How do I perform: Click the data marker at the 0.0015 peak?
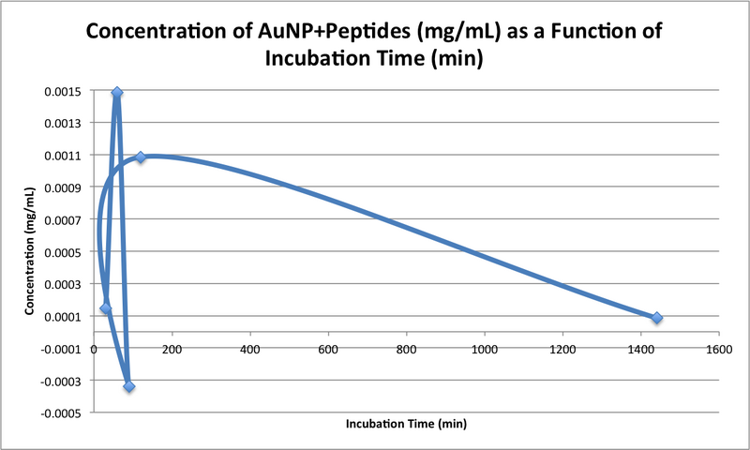(117, 93)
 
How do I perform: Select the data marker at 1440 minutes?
(656, 318)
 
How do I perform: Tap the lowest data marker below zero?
(128, 386)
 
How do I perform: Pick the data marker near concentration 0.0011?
(141, 157)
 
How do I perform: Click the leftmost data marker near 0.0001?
(106, 308)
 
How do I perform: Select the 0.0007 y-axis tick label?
(68, 219)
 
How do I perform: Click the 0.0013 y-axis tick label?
(68, 123)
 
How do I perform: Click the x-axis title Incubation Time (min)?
(406, 423)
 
